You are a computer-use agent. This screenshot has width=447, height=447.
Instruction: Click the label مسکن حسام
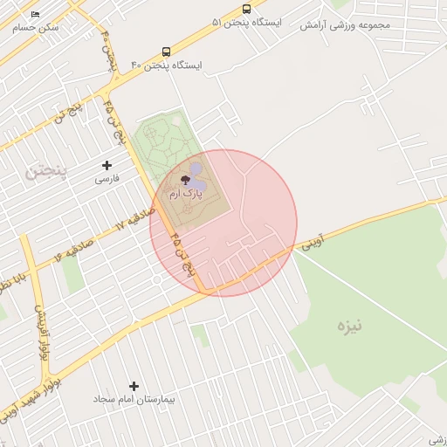(36, 28)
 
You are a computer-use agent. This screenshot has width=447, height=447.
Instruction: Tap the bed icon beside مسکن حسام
(35, 15)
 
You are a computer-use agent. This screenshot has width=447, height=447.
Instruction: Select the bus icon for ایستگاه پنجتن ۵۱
(246, 9)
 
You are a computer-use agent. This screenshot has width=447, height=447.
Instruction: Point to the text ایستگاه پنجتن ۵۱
(246, 22)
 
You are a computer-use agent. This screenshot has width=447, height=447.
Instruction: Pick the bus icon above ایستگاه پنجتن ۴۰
(166, 52)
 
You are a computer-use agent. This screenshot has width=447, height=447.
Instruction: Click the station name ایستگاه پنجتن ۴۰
(166, 65)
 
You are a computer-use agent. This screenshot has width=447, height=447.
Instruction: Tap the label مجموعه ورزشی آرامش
(345, 24)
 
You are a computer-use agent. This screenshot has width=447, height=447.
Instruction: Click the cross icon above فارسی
(107, 165)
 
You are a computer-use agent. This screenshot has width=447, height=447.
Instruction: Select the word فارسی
(107, 178)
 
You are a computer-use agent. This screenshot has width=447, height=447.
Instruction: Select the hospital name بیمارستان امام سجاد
(134, 399)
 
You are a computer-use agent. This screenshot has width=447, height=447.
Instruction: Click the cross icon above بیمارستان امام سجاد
(134, 386)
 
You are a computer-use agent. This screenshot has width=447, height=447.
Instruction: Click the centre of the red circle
(223, 223)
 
